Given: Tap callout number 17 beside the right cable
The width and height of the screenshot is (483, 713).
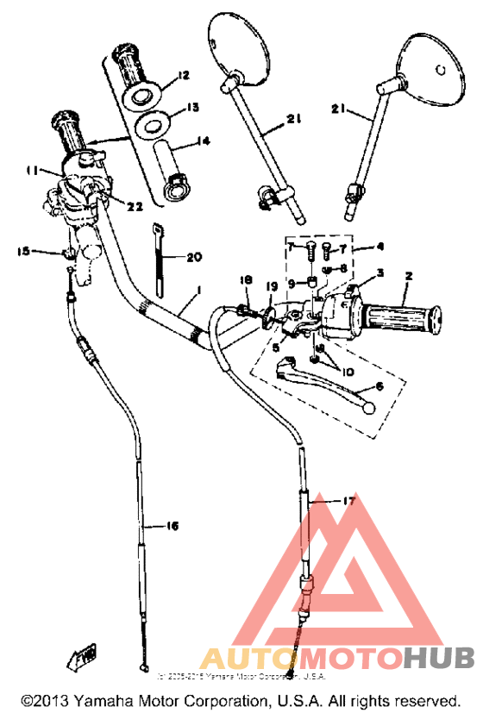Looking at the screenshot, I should pos(348,500).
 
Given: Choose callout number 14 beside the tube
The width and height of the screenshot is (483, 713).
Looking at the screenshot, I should pos(204,141).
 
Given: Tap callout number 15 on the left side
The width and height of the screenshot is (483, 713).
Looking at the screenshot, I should pos(23,251).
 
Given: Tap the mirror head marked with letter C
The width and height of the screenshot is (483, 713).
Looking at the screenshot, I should pos(436,67).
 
